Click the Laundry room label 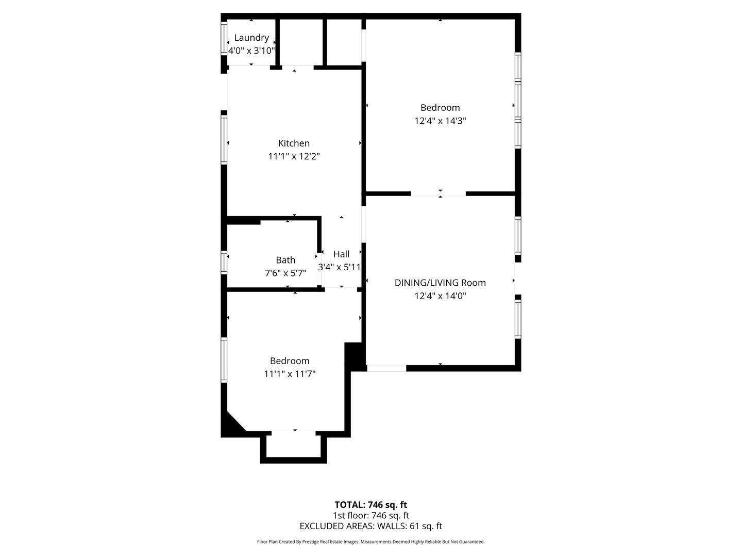pyautogui.click(x=251, y=38)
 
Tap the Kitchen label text pyautogui.click(x=294, y=143)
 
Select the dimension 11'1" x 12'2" pyautogui.click(x=294, y=156)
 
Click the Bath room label pyautogui.click(x=285, y=260)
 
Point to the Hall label pyautogui.click(x=341, y=254)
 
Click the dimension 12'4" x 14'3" pyautogui.click(x=440, y=121)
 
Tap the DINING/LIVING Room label pyautogui.click(x=440, y=283)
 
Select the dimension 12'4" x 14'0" pyautogui.click(x=440, y=296)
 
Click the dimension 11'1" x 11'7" pyautogui.click(x=290, y=374)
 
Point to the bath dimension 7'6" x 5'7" pyautogui.click(x=285, y=273)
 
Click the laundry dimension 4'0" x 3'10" pyautogui.click(x=251, y=51)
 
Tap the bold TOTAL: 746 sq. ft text pyautogui.click(x=371, y=505)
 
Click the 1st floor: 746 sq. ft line pyautogui.click(x=371, y=515)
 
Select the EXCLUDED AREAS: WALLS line pyautogui.click(x=371, y=526)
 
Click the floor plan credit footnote pyautogui.click(x=371, y=542)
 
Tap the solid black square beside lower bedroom pyautogui.click(x=353, y=355)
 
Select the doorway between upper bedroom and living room pyautogui.click(x=439, y=194)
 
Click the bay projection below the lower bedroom pyautogui.click(x=294, y=447)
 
